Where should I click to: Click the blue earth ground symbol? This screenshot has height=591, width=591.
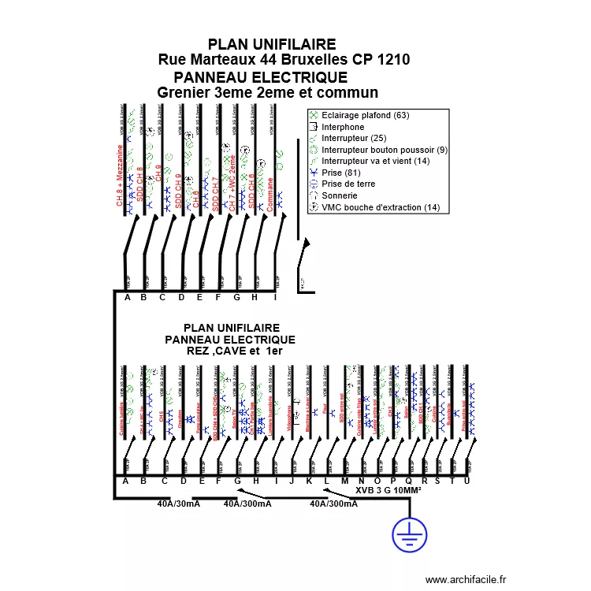tap(409, 535)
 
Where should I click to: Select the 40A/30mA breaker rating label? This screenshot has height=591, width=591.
tap(178, 504)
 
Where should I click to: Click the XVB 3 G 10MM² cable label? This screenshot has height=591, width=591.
tap(388, 490)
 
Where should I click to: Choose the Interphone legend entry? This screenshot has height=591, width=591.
tap(343, 127)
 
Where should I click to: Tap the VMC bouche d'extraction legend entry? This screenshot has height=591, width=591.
tap(381, 207)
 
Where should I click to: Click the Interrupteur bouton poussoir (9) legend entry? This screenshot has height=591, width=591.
tap(385, 150)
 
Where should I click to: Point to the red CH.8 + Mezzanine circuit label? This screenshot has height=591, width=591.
tap(121, 174)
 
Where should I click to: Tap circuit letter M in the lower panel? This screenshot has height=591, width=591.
tap(344, 481)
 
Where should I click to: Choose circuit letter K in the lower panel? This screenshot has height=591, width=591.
tap(309, 481)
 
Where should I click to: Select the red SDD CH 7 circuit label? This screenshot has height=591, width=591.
tap(215, 189)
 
